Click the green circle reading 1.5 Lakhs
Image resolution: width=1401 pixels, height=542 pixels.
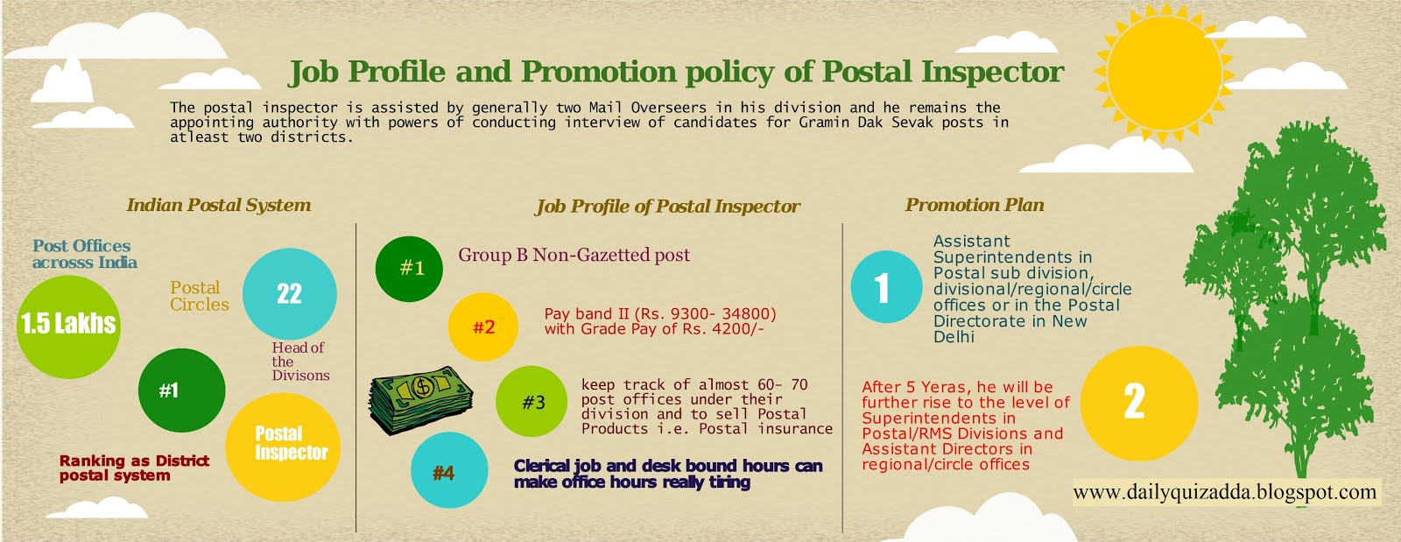68,326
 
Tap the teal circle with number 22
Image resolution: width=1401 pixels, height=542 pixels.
289,294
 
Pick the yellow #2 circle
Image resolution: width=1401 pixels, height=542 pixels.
483,327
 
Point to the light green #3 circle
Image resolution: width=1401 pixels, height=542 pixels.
532,403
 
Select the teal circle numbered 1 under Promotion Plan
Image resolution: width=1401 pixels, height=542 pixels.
885,287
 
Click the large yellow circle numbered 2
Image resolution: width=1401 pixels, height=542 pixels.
1137,403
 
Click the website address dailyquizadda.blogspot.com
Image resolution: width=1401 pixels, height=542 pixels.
1224,492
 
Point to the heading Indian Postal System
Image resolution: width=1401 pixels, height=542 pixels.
219,206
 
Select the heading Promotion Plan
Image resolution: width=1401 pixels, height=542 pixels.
975,205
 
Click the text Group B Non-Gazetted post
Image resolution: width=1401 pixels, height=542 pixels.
574,255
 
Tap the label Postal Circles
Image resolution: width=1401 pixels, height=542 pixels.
199,296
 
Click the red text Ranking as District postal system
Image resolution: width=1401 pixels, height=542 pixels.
134,468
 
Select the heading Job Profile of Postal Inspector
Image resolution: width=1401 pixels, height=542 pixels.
667,207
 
